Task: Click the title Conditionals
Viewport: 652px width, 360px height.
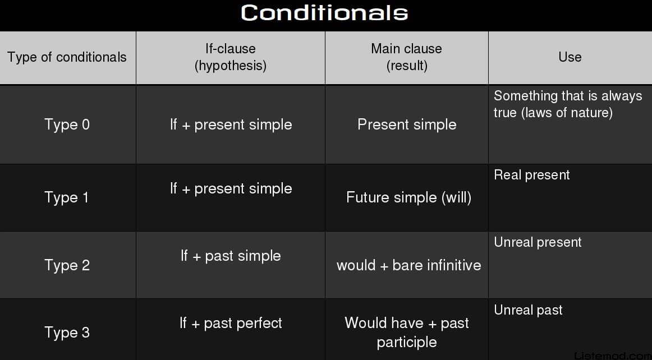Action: pyautogui.click(x=324, y=12)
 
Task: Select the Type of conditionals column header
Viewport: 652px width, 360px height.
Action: pyautogui.click(x=67, y=57)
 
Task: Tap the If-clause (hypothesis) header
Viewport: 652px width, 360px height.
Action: pyautogui.click(x=231, y=57)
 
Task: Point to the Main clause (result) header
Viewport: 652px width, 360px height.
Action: pyautogui.click(x=407, y=57)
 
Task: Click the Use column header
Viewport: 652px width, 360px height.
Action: pyautogui.click(x=570, y=57)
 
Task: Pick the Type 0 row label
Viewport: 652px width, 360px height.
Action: pyautogui.click(x=67, y=124)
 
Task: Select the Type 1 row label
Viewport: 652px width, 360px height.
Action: pyautogui.click(x=67, y=197)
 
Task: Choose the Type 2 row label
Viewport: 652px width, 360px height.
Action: pyautogui.click(x=67, y=265)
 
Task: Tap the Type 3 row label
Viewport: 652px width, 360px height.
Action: pyautogui.click(x=67, y=333)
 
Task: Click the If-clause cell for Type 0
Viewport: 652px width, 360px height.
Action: pyautogui.click(x=231, y=124)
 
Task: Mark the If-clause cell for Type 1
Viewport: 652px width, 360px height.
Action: pyautogui.click(x=231, y=189)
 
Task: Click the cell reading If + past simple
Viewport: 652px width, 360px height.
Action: pyautogui.click(x=231, y=256)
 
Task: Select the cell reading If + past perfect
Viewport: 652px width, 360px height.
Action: pyautogui.click(x=231, y=324)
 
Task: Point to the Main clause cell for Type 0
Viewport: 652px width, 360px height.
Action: pyautogui.click(x=407, y=124)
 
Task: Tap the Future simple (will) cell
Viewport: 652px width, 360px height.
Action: pyautogui.click(x=408, y=197)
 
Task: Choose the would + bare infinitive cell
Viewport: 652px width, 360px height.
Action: pyautogui.click(x=408, y=265)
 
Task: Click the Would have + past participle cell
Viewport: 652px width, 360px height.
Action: pyautogui.click(x=407, y=333)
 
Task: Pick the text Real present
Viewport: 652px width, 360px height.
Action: pyautogui.click(x=532, y=175)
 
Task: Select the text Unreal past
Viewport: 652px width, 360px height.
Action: pyautogui.click(x=528, y=310)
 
